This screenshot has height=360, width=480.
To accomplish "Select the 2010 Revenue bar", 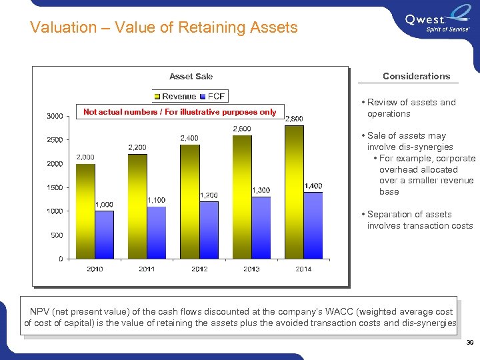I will click(85, 211).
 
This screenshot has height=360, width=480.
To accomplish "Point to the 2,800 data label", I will click(294, 119).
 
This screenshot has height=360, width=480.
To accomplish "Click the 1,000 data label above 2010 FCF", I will click(104, 204).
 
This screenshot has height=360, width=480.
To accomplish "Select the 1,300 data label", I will click(261, 190).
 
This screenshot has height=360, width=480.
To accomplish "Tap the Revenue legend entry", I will click(175, 97).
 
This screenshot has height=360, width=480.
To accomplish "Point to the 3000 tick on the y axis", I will click(55, 116).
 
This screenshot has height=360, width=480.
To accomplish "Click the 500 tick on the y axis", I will click(57, 235).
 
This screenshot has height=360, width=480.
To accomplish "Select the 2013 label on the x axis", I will click(251, 269).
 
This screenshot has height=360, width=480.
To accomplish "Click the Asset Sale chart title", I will click(191, 77).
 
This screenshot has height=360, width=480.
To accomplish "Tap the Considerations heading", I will click(416, 76).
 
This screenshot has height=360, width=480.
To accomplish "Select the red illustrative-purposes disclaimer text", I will click(179, 112).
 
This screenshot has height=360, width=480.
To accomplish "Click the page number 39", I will click(469, 343).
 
